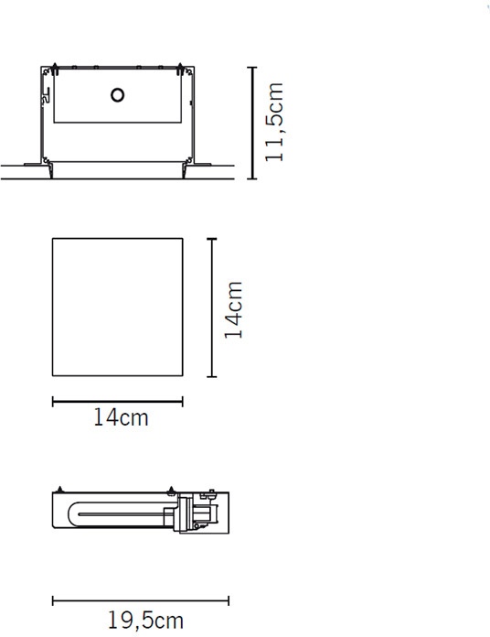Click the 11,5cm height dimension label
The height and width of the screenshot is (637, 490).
pos(274,122)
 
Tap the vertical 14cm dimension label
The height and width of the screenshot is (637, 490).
pos(233,310)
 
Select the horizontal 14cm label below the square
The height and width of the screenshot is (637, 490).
pos(121,417)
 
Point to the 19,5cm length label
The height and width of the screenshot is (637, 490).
pos(145,621)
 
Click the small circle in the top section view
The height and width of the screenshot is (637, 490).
pos(117,95)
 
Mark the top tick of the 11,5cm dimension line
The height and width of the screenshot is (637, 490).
pos(252,68)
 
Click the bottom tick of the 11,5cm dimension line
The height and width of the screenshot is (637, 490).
pos(252,178)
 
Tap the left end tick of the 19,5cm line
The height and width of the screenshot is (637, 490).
pos(53,600)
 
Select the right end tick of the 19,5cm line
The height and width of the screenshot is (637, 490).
pos(229,600)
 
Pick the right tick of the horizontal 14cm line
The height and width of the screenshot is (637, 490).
pos(183,402)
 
